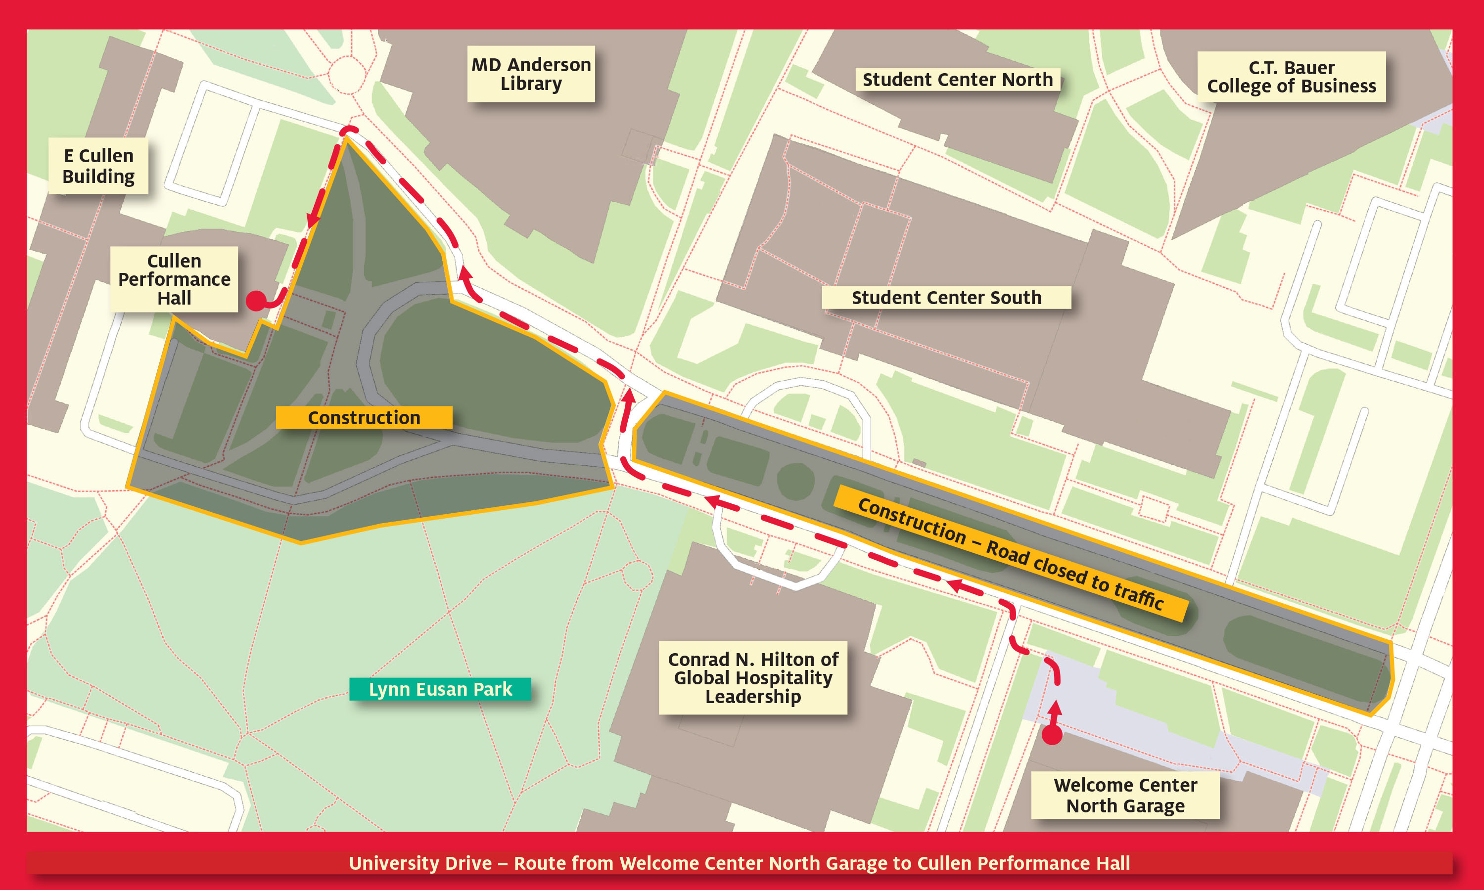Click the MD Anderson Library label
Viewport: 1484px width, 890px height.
tap(531, 74)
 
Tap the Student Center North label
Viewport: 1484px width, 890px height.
tap(957, 79)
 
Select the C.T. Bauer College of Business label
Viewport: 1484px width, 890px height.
tap(1292, 77)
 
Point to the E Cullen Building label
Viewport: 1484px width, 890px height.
tap(98, 166)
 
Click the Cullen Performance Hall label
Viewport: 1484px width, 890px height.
tap(174, 279)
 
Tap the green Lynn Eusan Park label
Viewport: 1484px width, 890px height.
tap(440, 689)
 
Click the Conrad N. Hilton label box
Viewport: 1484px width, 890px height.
tap(753, 678)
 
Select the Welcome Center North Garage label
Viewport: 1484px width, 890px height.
tap(1125, 795)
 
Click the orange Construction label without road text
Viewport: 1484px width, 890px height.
tap(364, 417)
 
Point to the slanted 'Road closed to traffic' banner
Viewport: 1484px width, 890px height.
tap(1011, 553)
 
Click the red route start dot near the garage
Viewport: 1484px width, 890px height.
tap(1052, 735)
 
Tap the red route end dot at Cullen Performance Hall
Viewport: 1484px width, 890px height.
tap(256, 301)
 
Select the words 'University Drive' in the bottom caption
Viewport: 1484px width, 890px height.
tap(420, 863)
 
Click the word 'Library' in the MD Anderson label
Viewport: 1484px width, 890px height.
tap(531, 84)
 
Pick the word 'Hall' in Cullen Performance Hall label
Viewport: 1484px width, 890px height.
tap(174, 298)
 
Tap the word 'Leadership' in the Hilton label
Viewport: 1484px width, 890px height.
tap(753, 697)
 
